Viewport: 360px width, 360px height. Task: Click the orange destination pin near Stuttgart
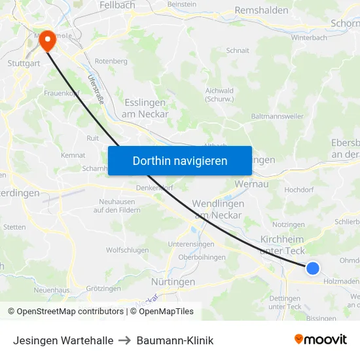[48, 41]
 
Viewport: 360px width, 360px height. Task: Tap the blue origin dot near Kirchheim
[313, 268]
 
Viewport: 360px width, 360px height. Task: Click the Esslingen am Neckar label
[145, 108]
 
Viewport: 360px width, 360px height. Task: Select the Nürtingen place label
[173, 281]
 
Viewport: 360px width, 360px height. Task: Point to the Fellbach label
[117, 5]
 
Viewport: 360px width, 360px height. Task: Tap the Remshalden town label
[261, 11]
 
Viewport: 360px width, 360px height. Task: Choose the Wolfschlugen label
[128, 250]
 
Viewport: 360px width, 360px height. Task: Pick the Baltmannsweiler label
[278, 116]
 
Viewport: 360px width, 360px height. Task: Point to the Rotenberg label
[111, 61]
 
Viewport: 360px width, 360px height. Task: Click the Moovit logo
[320, 340]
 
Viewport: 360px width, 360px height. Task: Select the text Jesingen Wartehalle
[63, 340]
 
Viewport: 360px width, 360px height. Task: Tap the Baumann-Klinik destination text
[175, 340]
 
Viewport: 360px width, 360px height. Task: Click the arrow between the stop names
[124, 340]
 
